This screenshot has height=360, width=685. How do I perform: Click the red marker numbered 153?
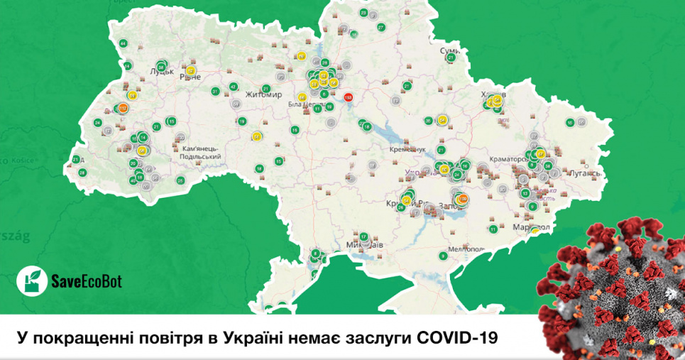tap(348, 97)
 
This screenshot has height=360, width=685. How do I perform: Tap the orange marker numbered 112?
tap(123, 108)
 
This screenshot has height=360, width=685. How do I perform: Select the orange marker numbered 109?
tap(462, 199)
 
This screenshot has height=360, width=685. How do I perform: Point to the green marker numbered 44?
tap(123, 44)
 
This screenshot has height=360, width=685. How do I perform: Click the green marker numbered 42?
tap(233, 87)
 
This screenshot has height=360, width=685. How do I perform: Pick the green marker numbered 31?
tap(215, 92)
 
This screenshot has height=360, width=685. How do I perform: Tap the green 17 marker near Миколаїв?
tap(363, 236)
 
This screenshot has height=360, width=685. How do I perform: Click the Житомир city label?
tap(263, 94)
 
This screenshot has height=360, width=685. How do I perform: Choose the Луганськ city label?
tap(583, 173)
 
